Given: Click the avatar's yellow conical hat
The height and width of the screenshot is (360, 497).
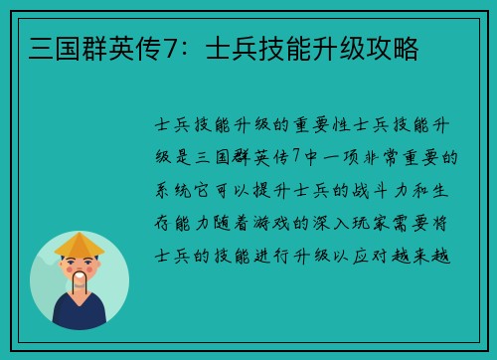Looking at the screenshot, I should tap(80, 245).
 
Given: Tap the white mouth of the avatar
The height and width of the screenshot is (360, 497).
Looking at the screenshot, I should tap(80, 280).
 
